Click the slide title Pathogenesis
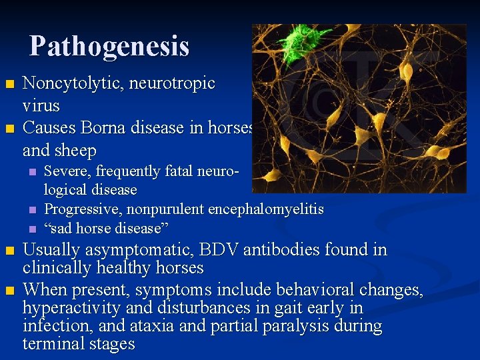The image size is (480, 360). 109,46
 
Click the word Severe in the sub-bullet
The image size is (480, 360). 65,171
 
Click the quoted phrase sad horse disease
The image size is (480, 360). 106,228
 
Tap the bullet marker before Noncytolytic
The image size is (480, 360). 9,84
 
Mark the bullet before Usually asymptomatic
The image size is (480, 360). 9,251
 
